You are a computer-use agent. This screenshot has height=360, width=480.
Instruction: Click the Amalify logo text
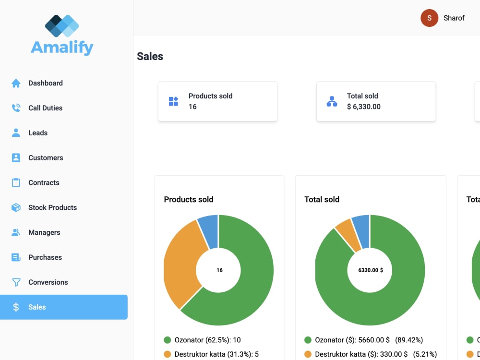tap(62, 48)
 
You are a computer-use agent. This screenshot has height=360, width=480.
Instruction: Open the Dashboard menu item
tap(45, 83)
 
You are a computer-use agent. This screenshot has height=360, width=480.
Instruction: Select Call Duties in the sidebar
tap(45, 108)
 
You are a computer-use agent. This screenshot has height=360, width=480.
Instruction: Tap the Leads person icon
tap(16, 132)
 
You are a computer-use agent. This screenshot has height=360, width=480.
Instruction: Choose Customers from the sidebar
tap(46, 157)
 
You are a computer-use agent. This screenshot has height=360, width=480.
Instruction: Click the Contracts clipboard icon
tap(16, 182)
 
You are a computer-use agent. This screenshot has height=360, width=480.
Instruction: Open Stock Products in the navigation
tap(52, 207)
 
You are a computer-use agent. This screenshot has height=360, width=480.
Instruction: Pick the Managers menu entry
tap(44, 232)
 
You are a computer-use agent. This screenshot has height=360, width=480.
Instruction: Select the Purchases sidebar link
tap(45, 257)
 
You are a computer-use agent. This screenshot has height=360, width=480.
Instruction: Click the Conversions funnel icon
tap(16, 282)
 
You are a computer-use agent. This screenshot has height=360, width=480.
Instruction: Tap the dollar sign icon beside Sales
tap(16, 307)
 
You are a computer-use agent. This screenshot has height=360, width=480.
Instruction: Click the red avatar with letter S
tap(429, 18)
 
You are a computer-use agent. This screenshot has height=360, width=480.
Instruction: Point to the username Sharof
tap(454, 18)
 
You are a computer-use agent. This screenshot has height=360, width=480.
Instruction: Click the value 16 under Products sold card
tap(192, 107)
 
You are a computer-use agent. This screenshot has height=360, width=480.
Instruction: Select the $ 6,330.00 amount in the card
tap(364, 107)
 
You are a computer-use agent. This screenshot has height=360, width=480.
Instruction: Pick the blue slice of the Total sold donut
tap(362, 231)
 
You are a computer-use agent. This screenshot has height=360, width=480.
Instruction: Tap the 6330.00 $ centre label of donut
tap(371, 270)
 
